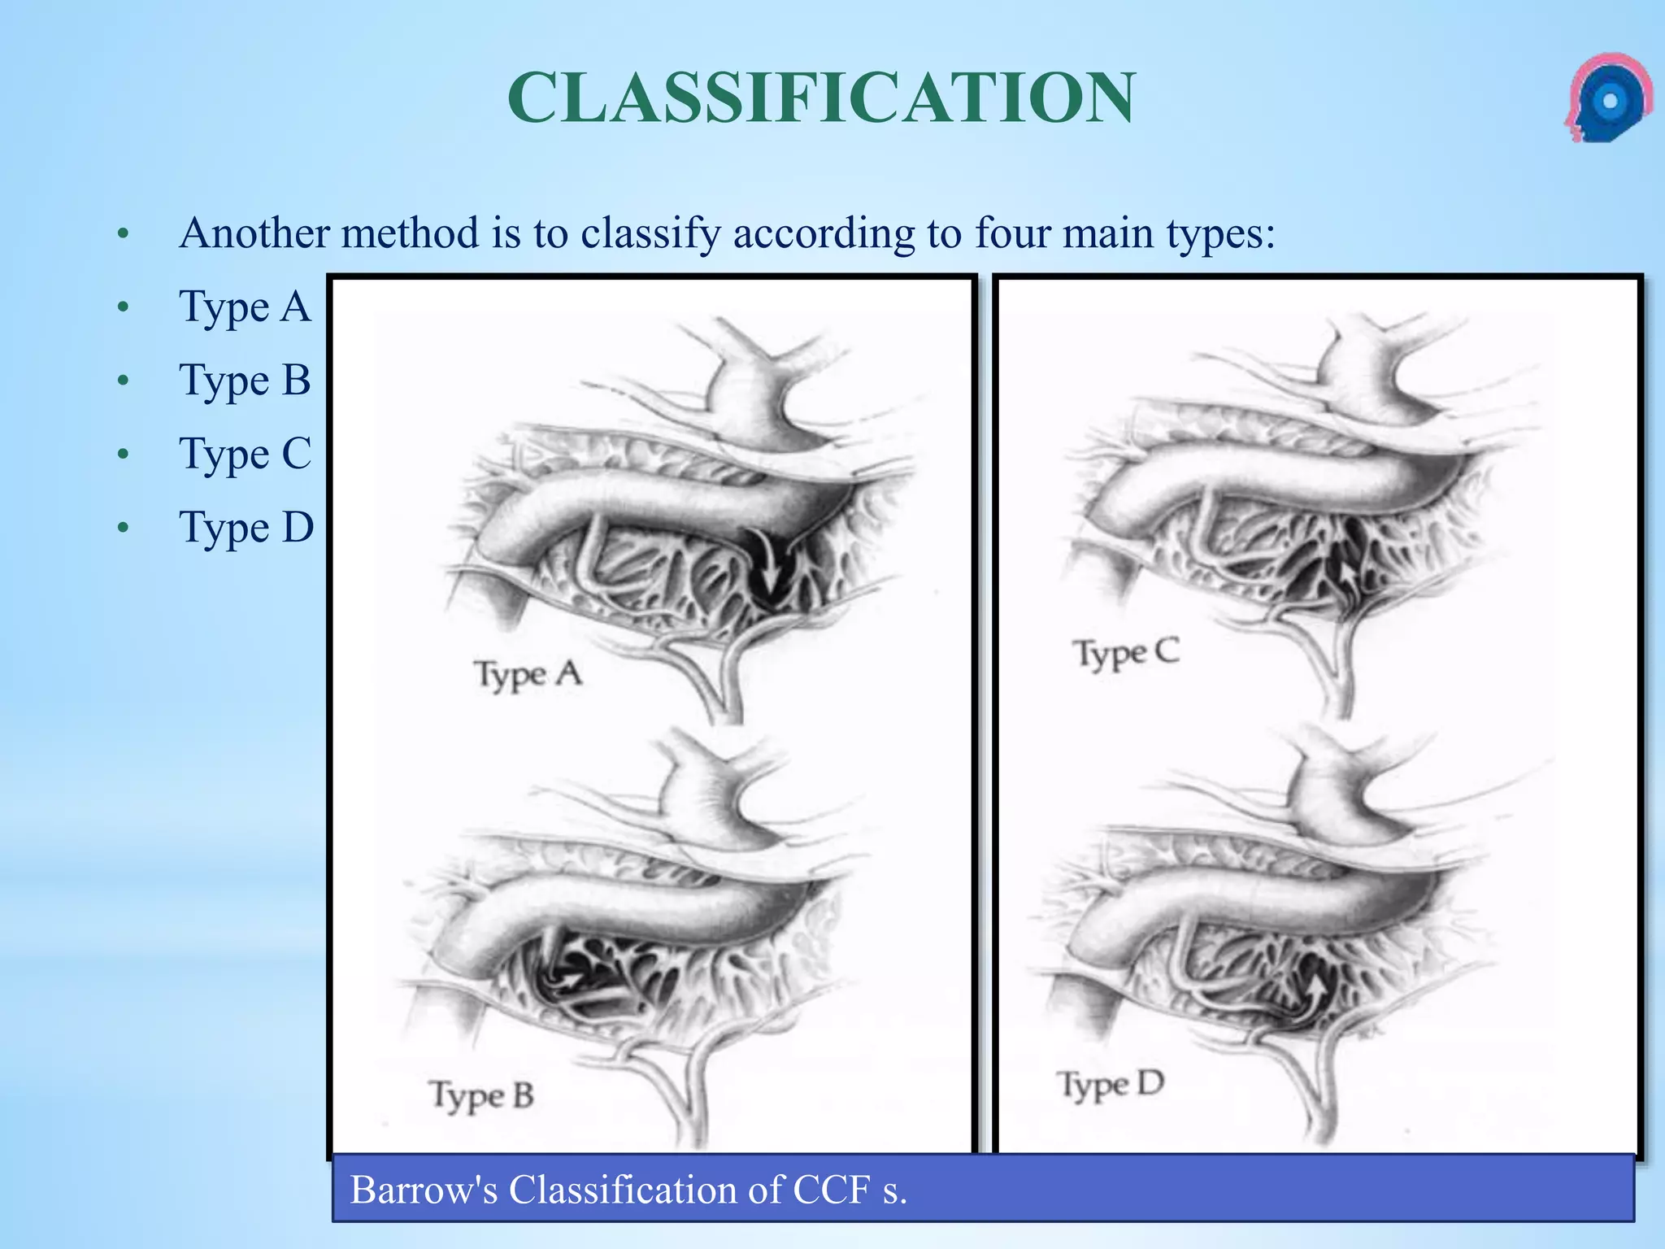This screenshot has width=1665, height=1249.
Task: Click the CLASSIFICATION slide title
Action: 821,98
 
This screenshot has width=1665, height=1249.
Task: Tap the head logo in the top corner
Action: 1607,99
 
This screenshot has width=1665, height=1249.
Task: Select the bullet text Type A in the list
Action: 245,307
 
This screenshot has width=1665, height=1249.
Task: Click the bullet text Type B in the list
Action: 245,381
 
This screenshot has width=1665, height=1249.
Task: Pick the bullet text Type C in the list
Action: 245,454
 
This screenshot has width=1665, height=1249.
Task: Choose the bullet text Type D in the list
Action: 246,528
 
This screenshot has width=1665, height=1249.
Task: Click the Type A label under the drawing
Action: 528,675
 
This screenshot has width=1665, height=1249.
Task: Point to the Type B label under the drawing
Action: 481,1096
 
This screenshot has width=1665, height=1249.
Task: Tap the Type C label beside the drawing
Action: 1126,654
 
